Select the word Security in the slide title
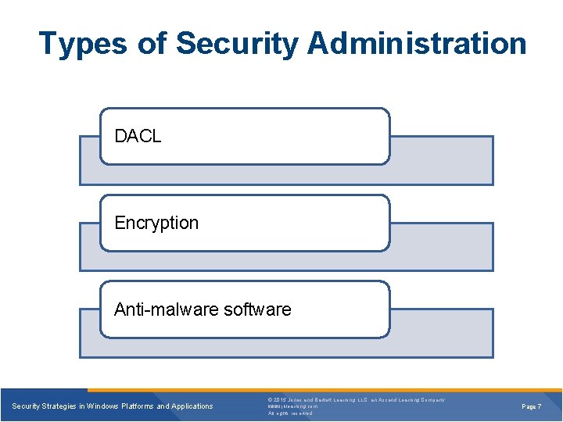pyautogui.click(x=237, y=44)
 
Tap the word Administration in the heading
pyautogui.click(x=417, y=44)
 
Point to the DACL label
pyautogui.click(x=138, y=136)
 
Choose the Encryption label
pyautogui.click(x=156, y=223)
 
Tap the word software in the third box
pyautogui.click(x=257, y=309)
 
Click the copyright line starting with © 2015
pyautogui.click(x=357, y=400)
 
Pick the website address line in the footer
pyautogui.click(x=293, y=406)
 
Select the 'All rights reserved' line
pyautogui.click(x=290, y=413)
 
